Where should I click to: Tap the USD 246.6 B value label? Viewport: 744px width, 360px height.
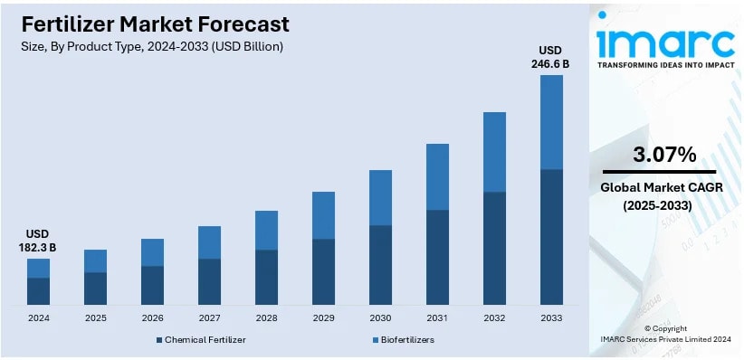tap(551, 56)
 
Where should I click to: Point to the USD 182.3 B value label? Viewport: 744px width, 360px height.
tap(38, 240)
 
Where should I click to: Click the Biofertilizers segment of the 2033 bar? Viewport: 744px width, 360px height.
tap(551, 122)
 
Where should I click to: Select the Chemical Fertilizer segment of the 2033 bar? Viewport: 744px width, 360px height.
tap(551, 237)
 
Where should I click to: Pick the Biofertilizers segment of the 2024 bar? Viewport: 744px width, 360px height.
tap(38, 268)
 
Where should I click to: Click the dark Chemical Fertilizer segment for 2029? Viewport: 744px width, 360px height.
tap(323, 271)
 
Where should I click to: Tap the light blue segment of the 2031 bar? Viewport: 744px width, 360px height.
tap(437, 176)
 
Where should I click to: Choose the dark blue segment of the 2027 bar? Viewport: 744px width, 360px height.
tap(209, 281)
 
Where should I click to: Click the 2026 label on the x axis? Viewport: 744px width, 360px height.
tap(152, 318)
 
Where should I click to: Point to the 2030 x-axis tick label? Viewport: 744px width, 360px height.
tap(380, 318)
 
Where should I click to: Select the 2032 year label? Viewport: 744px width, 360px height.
tap(494, 318)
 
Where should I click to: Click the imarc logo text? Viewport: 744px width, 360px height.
tap(665, 43)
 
